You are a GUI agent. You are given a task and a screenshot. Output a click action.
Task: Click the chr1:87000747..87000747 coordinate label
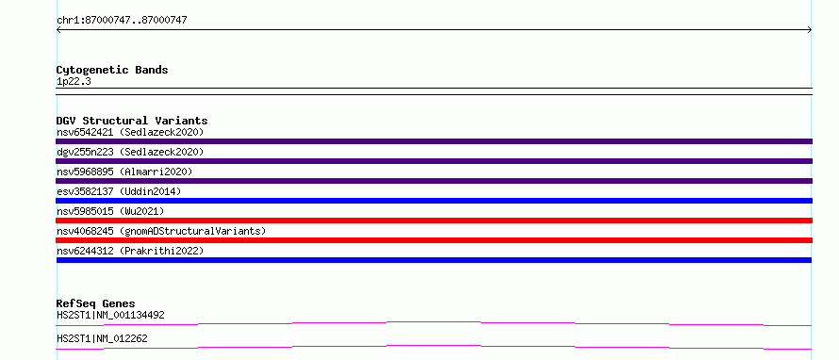tap(122, 21)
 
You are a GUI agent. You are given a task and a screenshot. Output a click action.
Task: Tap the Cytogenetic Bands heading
tap(112, 70)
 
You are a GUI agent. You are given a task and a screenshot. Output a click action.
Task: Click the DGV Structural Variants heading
tap(132, 121)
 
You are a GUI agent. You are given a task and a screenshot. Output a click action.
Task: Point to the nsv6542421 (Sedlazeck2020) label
tap(130, 132)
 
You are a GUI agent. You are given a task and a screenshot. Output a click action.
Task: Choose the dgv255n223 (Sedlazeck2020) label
tap(130, 152)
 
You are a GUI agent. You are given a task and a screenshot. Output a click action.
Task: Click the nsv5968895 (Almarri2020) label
tap(124, 172)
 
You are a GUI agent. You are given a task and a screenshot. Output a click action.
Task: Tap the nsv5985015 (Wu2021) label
tap(110, 211)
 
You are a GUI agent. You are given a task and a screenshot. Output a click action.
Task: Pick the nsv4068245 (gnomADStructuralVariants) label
tap(161, 231)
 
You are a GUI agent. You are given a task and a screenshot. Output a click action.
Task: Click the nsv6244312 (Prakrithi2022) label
tap(130, 251)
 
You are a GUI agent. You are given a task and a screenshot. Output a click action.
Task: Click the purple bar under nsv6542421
tap(434, 141)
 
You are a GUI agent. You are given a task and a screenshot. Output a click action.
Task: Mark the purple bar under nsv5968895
tap(434, 181)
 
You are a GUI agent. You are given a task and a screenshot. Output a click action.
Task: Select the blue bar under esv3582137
tap(434, 201)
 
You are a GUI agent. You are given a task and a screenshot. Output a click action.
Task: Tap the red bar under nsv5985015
tap(434, 221)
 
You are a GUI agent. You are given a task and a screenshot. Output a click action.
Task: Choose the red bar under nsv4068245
tap(434, 240)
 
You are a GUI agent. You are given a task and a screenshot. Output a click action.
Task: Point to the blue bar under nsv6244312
tap(434, 260)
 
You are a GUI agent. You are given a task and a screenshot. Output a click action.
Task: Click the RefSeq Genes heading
tap(96, 303)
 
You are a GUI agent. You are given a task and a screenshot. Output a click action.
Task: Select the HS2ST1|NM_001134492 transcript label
tap(110, 315)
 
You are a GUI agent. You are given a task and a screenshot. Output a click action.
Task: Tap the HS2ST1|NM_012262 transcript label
tap(102, 338)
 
